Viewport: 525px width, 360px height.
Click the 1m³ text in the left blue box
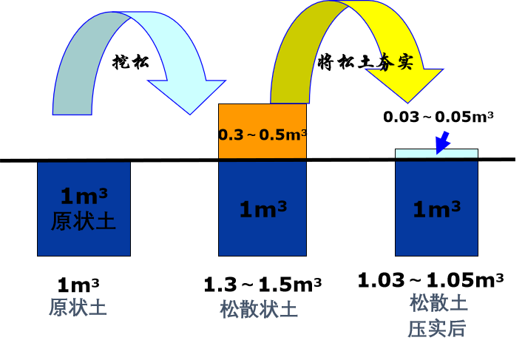coord(84,196)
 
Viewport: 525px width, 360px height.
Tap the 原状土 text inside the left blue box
coord(84,221)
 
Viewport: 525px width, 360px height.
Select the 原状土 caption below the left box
coord(78,308)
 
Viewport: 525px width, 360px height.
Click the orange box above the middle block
coord(262,118)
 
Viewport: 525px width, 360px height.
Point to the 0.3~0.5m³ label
coord(262,135)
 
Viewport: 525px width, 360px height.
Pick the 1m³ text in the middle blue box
coord(262,209)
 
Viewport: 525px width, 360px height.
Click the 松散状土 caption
coord(259,309)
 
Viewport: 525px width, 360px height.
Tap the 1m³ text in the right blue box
coord(436,209)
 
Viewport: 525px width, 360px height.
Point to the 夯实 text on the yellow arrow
coord(396,62)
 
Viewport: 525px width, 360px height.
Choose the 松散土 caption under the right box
coord(438,302)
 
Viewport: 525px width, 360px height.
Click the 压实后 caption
coord(436,328)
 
